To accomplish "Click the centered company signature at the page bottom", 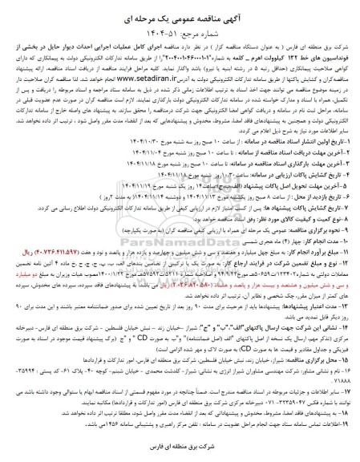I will pyautogui.click(x=180, y=445).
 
